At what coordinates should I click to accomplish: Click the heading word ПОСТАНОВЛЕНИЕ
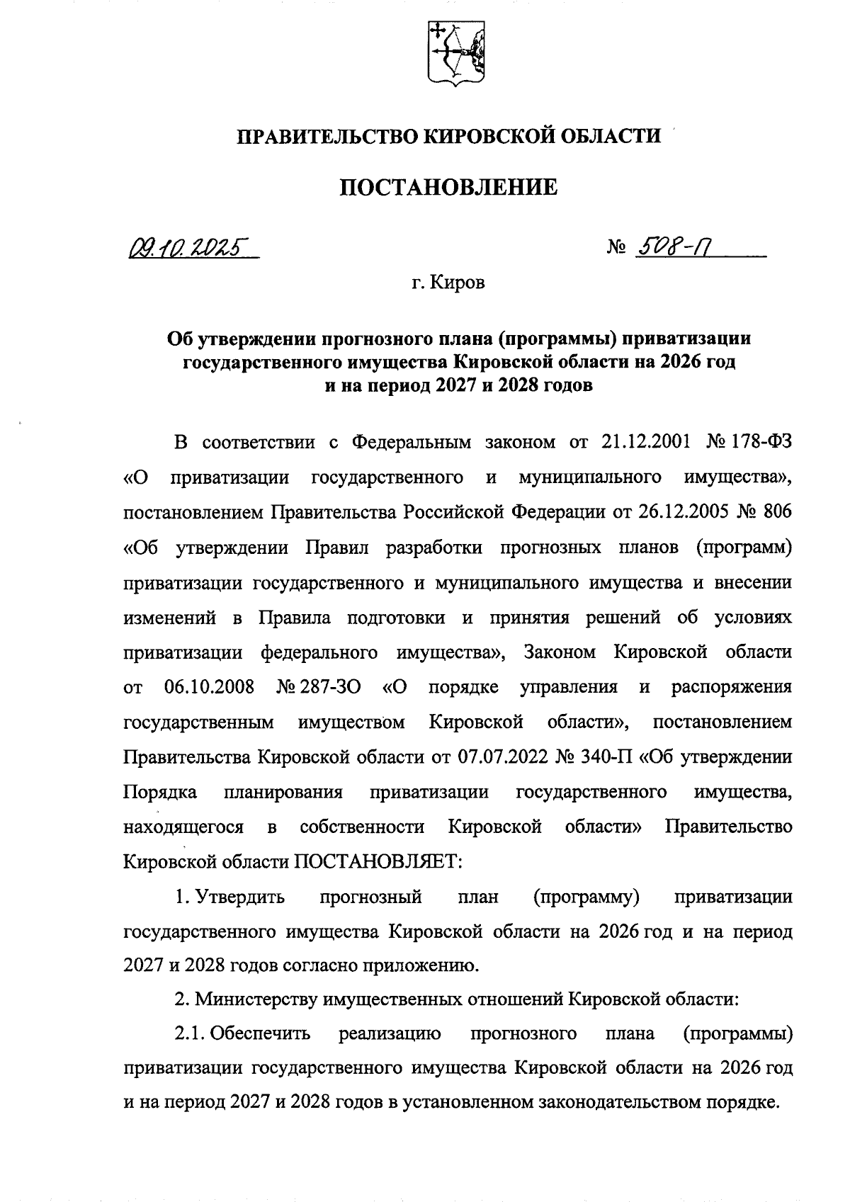449,187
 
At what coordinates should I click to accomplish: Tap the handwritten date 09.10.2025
191,247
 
